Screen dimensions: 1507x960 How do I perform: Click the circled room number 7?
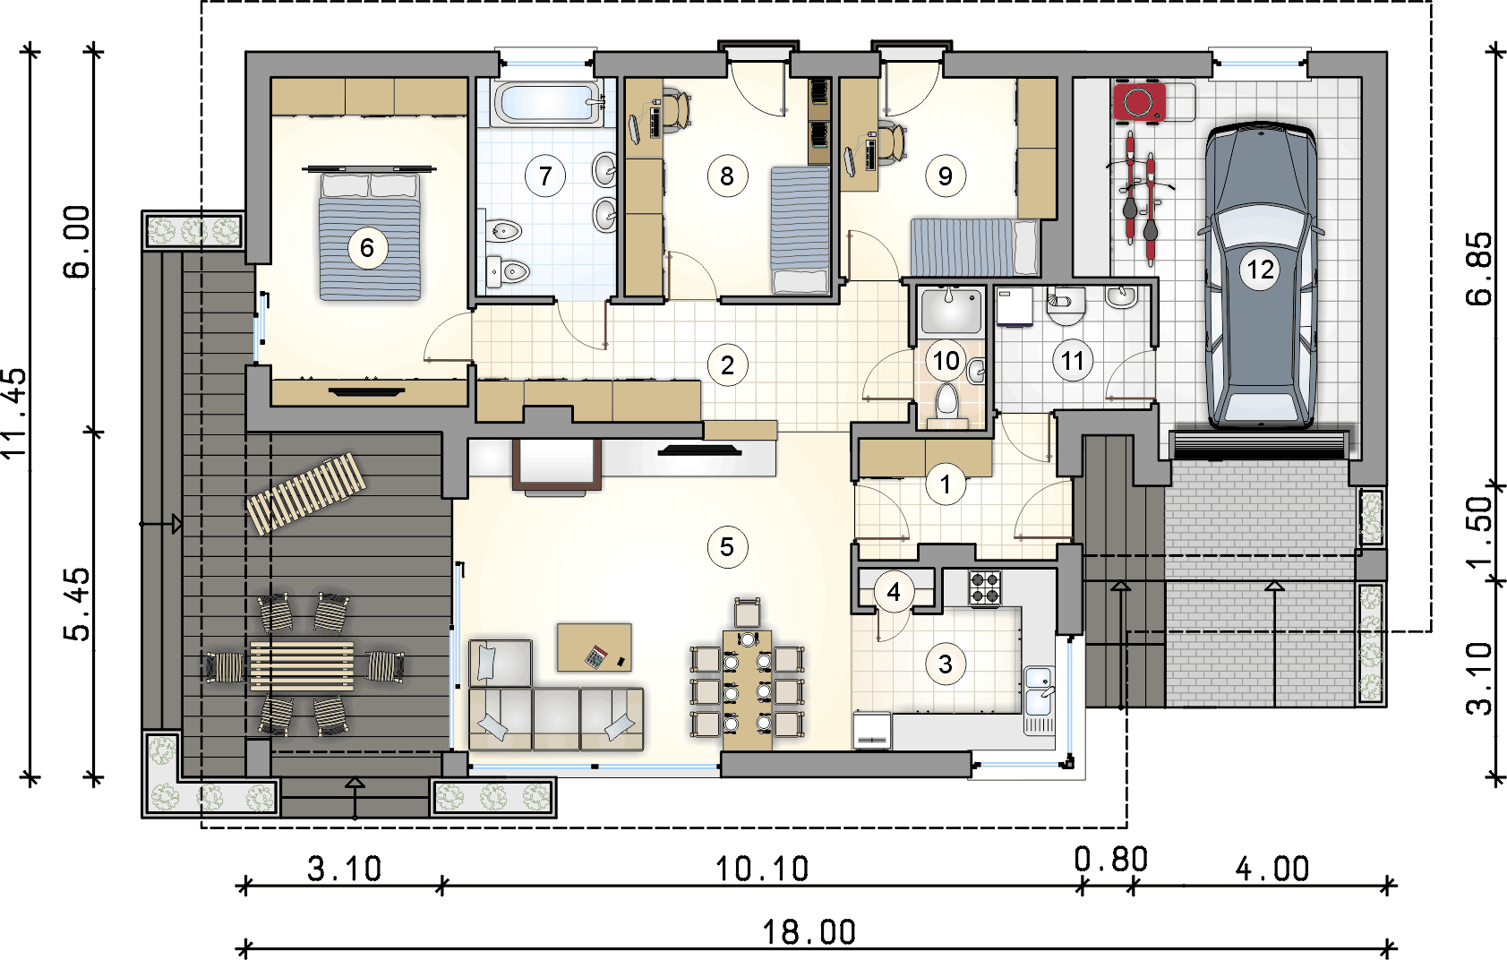(x=545, y=176)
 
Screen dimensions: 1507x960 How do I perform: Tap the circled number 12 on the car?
(x=1260, y=270)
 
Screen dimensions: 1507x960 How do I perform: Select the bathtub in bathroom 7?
(x=548, y=104)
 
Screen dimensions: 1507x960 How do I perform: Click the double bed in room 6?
(x=369, y=235)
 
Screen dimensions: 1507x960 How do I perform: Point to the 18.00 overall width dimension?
(x=809, y=932)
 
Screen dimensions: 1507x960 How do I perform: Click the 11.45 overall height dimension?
(x=15, y=414)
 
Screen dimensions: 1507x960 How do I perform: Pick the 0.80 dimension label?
(x=1110, y=860)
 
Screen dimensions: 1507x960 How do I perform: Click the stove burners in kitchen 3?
(x=985, y=588)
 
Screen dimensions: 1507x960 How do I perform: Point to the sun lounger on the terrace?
(x=306, y=493)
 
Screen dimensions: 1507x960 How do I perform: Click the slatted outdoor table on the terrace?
(x=302, y=666)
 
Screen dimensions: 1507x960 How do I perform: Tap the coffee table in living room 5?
(x=594, y=647)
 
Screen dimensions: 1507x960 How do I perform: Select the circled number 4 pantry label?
(x=894, y=592)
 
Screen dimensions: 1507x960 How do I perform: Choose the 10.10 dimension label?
(x=762, y=869)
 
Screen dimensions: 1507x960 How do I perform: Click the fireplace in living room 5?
(x=557, y=464)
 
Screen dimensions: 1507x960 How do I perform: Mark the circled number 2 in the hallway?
(x=727, y=365)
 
